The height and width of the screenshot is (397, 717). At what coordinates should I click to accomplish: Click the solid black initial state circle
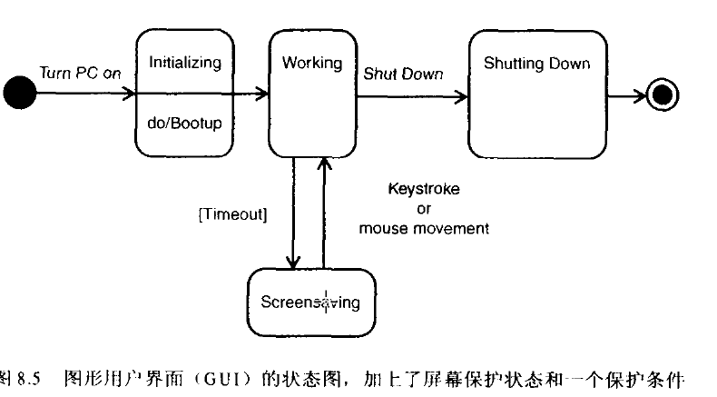coord(20,93)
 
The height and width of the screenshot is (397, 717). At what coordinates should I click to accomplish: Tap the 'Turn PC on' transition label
coord(80,74)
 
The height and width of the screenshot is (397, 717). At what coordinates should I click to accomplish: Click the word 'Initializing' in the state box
coord(185,63)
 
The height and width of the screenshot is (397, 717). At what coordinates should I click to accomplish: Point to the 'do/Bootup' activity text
coord(184,120)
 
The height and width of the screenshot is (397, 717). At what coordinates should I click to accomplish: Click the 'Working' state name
coord(311,63)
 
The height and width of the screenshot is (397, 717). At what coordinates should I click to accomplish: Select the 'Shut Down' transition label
coord(403,74)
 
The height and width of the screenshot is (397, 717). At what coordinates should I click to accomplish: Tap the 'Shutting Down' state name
coord(536,63)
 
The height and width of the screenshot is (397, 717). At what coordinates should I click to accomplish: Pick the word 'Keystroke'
coord(424,189)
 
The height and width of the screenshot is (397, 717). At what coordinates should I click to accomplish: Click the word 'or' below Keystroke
coord(424,208)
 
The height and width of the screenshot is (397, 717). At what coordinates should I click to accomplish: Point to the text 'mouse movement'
coord(424,228)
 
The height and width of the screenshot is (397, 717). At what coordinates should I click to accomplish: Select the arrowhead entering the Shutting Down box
coord(461,93)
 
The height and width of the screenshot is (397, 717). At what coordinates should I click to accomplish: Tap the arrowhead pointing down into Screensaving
coord(293,263)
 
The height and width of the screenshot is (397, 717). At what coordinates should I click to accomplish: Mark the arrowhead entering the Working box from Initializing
coord(263,93)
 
